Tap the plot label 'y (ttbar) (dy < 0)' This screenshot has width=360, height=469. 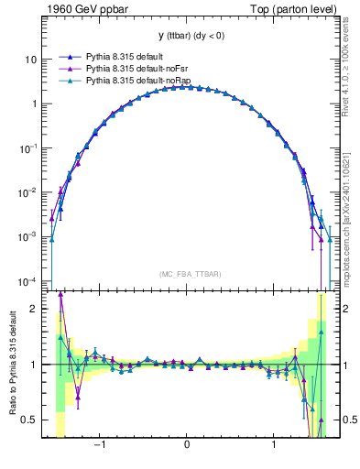[188, 36]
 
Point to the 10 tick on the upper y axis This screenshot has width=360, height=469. [32, 60]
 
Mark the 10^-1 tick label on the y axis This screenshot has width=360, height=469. [29, 147]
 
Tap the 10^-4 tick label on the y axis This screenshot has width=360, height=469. [29, 280]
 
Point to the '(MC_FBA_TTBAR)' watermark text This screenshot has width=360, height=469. [188, 274]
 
